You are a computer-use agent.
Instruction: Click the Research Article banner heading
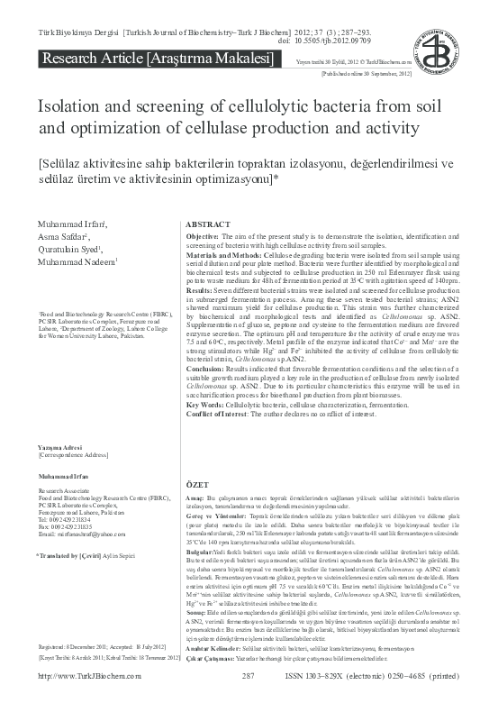click(x=154, y=59)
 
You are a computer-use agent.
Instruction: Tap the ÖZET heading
click(x=197, y=485)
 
